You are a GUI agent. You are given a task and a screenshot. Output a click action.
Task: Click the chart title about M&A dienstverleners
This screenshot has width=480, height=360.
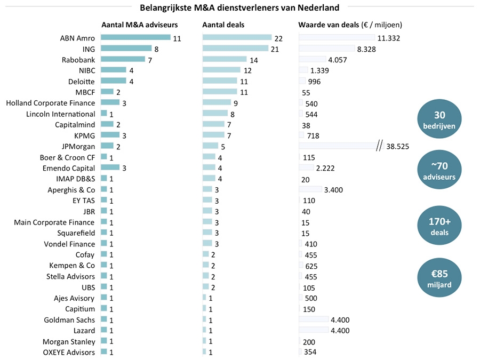click(x=239, y=7)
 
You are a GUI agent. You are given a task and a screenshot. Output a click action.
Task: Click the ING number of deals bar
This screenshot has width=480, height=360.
click(x=236, y=49)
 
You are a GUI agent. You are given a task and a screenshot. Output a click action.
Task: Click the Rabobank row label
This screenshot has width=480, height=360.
click(x=78, y=60)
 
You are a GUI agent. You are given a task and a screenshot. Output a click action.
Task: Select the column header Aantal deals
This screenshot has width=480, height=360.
click(x=223, y=25)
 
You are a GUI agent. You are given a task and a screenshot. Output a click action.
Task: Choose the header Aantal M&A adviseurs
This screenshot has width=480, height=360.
click(x=140, y=25)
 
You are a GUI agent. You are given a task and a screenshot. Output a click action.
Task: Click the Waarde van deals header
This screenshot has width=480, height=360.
click(x=350, y=25)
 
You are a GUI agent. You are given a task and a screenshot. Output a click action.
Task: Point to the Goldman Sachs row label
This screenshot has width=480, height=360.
click(x=69, y=320)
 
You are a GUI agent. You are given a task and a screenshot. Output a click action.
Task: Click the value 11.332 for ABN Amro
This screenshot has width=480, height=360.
click(x=388, y=38)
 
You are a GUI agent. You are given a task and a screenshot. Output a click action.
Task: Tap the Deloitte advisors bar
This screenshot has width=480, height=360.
click(x=113, y=81)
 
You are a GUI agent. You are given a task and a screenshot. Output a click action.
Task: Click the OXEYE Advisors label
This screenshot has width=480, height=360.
click(x=69, y=352)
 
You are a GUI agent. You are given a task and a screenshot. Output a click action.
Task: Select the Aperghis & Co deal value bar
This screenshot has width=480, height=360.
click(x=310, y=189)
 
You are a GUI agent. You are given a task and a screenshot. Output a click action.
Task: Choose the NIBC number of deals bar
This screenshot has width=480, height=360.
click(x=221, y=70)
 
